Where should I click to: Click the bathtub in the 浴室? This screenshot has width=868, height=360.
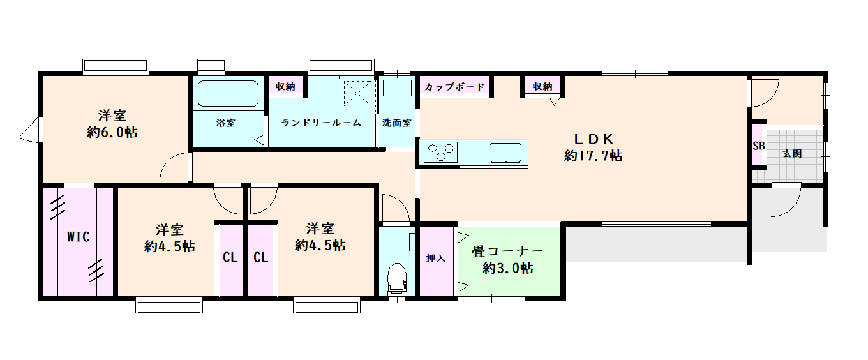coord(228,93)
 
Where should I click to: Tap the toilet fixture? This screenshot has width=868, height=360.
coord(397,279)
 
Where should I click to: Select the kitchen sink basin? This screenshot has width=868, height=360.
coord(505,153)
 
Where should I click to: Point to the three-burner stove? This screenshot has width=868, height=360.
coord(440,152)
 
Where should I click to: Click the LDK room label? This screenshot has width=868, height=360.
coord(594,139)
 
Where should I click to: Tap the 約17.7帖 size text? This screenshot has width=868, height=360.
coord(594,156)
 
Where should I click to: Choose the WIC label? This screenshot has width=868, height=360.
coord(79,237)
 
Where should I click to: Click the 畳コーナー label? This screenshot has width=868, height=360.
coord(507,252)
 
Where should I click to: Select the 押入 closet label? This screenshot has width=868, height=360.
coord(435,258)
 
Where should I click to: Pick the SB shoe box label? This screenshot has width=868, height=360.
coord(759,146)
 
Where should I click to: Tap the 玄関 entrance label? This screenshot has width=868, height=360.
coord(792,153)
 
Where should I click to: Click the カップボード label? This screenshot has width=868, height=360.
coord(454,87)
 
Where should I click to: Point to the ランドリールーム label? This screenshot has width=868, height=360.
coord(321,123)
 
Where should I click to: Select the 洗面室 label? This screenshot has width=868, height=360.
coord(397,123)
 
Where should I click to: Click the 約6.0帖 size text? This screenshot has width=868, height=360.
coord(112,133)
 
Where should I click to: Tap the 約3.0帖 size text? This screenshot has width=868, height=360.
coord(507,268)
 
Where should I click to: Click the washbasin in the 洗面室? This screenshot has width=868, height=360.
coord(397,87)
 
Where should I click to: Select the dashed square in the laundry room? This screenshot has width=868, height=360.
coord(357,93)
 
